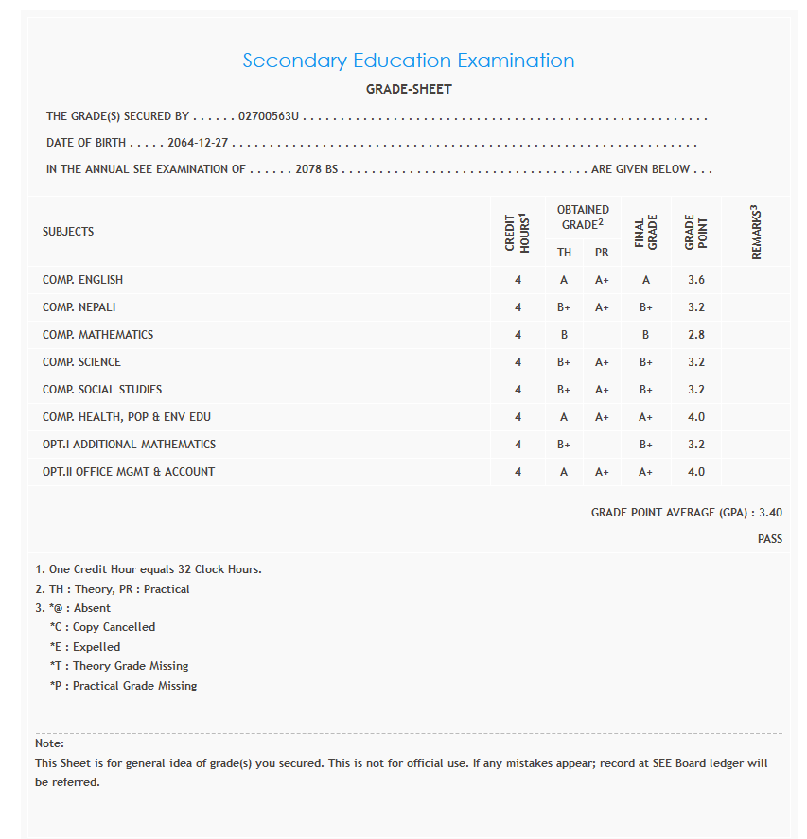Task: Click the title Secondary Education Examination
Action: coord(408,61)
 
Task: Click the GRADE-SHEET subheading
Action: coord(409,90)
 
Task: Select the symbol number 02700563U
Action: coord(269,116)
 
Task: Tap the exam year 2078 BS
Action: coord(316,170)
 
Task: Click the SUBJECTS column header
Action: coord(68,232)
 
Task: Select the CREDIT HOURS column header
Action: coord(518,233)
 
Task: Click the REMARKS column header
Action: coord(756,233)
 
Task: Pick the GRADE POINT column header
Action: coord(696,233)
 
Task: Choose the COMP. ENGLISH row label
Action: coord(82,280)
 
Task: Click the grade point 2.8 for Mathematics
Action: coord(696,335)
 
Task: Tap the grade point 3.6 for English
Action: coord(696,280)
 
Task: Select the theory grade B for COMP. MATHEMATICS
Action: coord(564,335)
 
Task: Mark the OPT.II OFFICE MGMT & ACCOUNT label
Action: coord(129,472)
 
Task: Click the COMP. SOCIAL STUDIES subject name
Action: coord(102,390)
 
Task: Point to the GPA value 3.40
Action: coord(770,513)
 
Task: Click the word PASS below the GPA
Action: coord(769,539)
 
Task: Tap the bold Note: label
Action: coord(49,743)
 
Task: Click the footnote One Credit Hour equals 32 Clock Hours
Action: coord(149,569)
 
